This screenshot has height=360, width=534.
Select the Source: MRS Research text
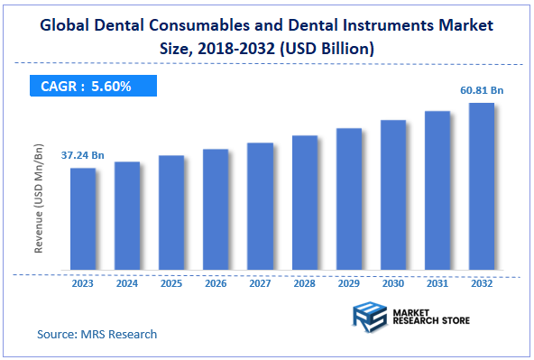coord(97,334)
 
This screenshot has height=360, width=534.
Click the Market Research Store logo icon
coord(370,319)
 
